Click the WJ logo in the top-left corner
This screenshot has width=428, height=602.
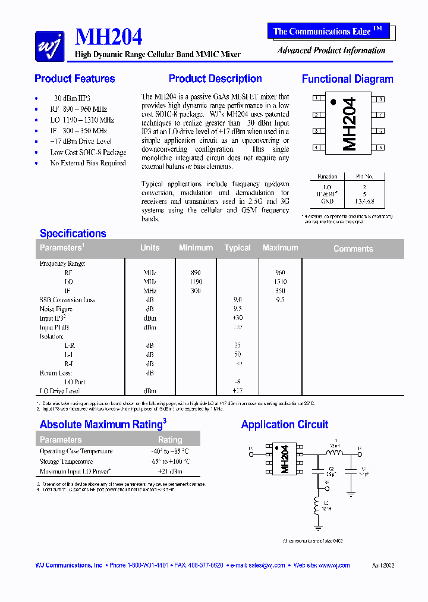49,45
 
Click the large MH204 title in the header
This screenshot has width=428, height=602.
109,37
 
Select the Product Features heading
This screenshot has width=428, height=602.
75,79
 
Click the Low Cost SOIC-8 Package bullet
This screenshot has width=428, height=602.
88,152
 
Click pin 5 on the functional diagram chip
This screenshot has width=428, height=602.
379,148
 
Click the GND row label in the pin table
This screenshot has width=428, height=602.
327,201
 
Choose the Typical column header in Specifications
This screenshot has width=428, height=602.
237,248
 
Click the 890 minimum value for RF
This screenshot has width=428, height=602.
196,272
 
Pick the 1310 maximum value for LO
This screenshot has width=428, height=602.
280,281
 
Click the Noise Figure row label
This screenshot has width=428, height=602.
56,309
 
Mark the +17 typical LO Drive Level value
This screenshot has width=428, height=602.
237,391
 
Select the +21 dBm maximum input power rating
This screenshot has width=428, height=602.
170,471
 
